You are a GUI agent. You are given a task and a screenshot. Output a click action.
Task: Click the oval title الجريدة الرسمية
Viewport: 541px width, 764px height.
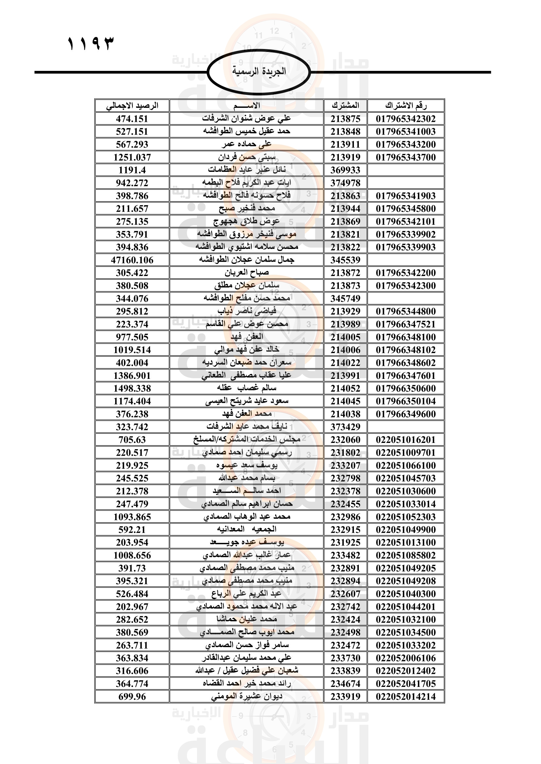(259, 71)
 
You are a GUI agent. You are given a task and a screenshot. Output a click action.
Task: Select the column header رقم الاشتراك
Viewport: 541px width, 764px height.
(406, 106)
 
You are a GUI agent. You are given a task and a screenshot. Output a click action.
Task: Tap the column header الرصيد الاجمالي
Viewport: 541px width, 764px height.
(132, 106)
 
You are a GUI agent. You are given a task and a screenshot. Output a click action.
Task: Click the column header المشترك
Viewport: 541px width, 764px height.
(345, 106)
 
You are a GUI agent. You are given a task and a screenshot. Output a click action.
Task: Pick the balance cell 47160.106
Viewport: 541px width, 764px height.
(132, 260)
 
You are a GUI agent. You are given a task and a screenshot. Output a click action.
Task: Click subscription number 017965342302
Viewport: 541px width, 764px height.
(406, 119)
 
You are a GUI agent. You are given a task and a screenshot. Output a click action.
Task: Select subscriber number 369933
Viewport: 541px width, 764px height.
(345, 170)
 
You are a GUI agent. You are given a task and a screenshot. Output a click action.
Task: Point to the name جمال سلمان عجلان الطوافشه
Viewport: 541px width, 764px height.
(247, 260)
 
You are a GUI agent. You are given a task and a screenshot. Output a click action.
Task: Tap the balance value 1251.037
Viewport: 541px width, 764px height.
(132, 157)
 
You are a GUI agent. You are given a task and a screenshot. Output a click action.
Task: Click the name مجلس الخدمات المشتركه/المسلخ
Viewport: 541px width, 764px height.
(247, 440)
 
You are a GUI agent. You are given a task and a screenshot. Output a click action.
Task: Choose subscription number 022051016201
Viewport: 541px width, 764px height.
(406, 440)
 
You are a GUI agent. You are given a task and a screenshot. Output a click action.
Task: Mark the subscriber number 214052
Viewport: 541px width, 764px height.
(345, 388)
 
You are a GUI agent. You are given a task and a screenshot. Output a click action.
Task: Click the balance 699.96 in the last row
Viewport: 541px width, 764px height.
(132, 696)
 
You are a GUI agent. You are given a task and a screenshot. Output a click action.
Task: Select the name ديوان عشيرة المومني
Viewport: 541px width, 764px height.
(247, 696)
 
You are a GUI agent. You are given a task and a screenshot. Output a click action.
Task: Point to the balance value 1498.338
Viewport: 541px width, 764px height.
(132, 388)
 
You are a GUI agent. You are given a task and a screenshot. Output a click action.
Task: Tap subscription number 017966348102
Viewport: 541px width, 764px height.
(406, 350)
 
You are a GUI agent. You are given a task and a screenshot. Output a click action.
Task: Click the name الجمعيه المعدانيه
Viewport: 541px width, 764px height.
(247, 529)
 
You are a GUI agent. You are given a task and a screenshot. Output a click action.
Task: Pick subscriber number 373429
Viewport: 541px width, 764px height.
(345, 427)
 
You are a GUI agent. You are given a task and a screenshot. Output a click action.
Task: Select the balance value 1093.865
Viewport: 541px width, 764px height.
(132, 517)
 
